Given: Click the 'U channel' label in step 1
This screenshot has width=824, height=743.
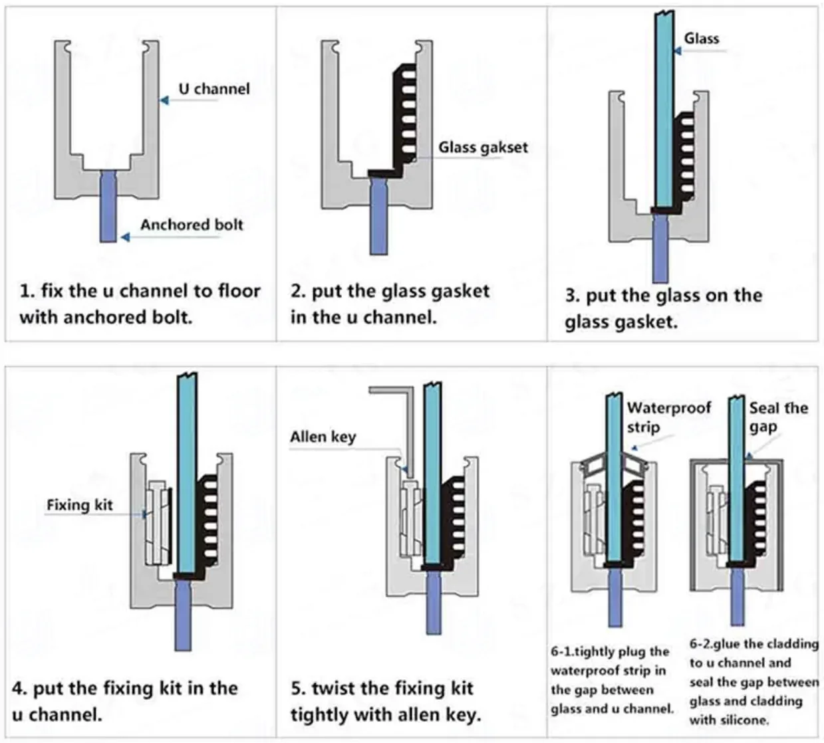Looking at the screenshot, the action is click(x=214, y=88).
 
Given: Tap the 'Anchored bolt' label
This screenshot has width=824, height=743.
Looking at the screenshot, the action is click(x=192, y=225).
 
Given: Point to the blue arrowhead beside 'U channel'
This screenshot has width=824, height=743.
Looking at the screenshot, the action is click(x=164, y=100).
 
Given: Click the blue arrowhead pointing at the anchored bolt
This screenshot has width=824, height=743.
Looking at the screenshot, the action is click(x=126, y=237).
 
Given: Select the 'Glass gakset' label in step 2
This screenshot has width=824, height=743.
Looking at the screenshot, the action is click(x=483, y=148).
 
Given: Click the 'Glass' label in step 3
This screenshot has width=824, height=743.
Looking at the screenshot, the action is click(x=702, y=39).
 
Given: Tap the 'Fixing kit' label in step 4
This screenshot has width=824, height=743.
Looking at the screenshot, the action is click(x=80, y=505).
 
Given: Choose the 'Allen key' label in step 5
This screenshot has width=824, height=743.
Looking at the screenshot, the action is click(x=323, y=437).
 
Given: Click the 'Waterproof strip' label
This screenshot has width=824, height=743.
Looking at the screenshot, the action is click(x=668, y=417).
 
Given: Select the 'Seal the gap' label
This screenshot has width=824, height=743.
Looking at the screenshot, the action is click(x=778, y=417).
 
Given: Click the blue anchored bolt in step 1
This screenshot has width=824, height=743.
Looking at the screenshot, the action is click(x=108, y=206).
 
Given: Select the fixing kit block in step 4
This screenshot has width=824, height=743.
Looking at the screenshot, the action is click(x=158, y=522).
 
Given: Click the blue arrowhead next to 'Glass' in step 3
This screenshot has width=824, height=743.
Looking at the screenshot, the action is click(x=678, y=51).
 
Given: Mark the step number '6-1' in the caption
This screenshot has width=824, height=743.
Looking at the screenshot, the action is click(x=561, y=651).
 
